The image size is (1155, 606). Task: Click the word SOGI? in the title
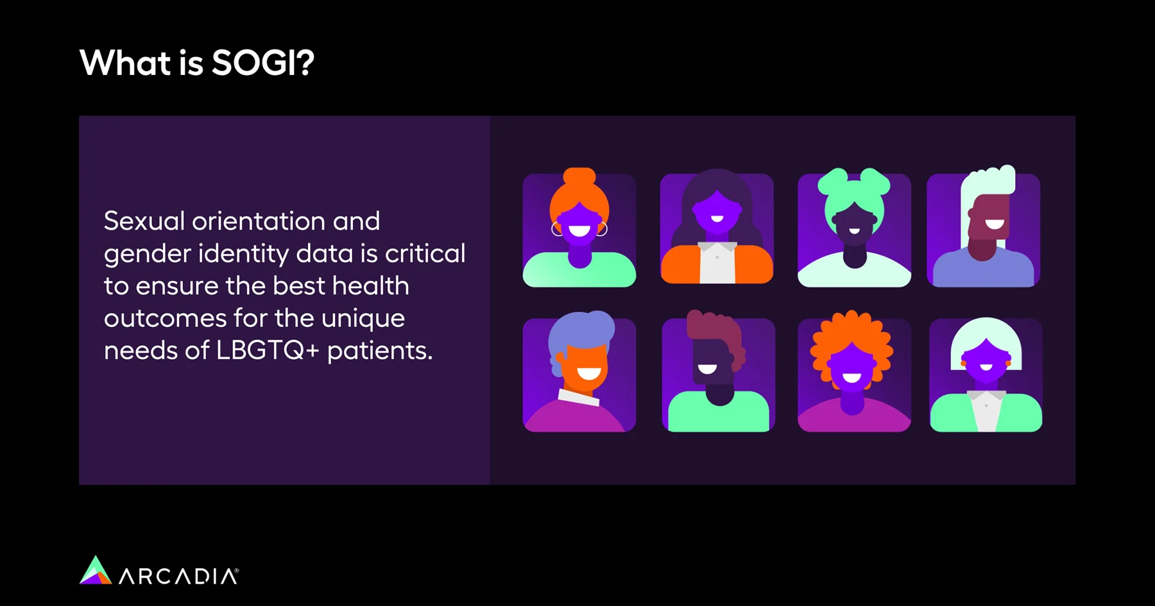(x=263, y=63)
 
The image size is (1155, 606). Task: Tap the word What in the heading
(x=125, y=63)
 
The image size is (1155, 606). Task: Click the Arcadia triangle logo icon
(x=96, y=570)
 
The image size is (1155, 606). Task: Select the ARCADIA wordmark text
(x=179, y=576)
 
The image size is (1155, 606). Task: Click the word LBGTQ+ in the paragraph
(x=268, y=350)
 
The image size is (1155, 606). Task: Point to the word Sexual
(x=144, y=221)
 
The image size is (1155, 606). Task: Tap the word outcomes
(x=165, y=318)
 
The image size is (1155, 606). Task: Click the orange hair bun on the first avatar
(x=579, y=176)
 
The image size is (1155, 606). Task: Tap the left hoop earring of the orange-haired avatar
(x=556, y=229)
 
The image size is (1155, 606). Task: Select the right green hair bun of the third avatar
(x=874, y=180)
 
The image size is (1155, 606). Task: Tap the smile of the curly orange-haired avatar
(x=851, y=377)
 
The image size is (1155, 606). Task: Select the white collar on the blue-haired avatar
(x=578, y=397)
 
